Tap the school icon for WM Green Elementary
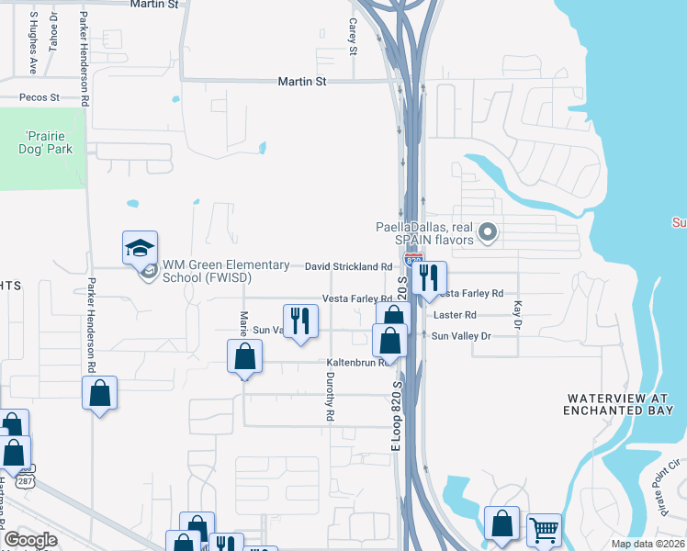141,248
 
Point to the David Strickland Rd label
349,266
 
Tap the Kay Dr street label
518,315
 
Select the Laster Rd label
455,315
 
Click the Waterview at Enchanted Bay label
621,404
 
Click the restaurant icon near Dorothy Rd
300,320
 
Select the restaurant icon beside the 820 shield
429,278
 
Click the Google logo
30,539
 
